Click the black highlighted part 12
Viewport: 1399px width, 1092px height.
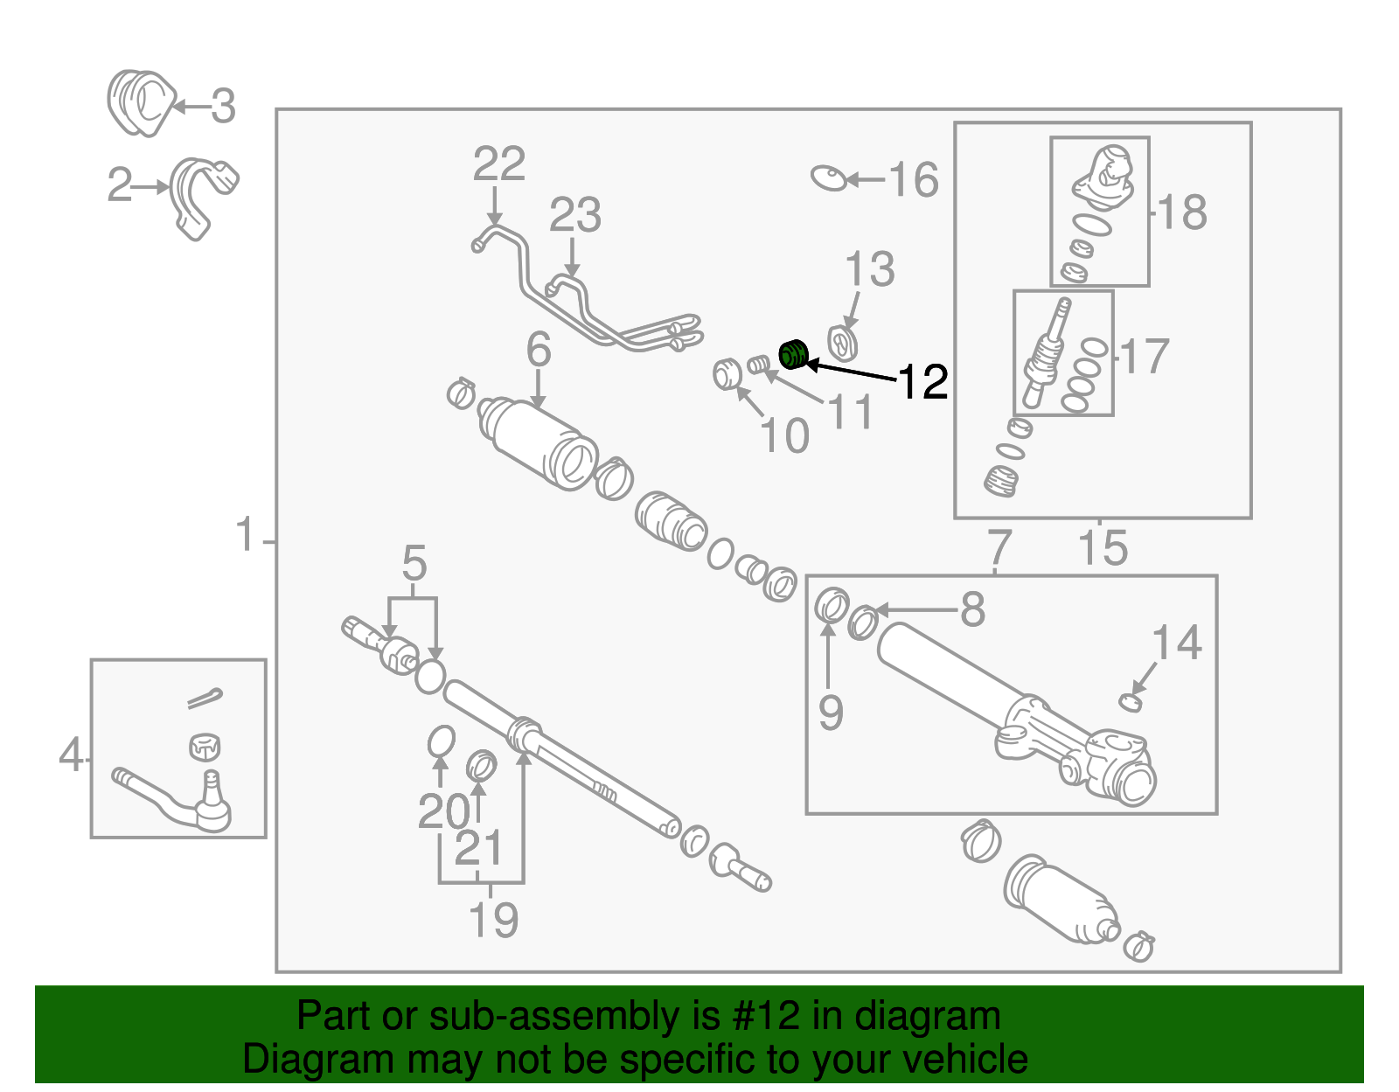(792, 355)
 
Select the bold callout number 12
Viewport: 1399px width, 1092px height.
(923, 382)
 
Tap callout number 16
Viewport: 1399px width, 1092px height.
(913, 181)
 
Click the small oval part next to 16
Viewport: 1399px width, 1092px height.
(829, 178)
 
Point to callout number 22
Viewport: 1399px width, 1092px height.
(499, 164)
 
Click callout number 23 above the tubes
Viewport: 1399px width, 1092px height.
(574, 215)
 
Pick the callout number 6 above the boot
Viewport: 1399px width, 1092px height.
(539, 350)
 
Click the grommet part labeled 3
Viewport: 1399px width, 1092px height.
(140, 103)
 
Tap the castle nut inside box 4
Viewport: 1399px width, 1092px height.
(204, 747)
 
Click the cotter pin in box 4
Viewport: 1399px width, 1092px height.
(205, 698)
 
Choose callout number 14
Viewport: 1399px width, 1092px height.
(1177, 643)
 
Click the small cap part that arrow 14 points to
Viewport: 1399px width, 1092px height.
(1131, 701)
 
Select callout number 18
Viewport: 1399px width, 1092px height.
(1182, 212)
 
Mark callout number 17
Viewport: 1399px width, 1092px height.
(1145, 357)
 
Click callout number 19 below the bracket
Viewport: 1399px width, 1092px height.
(494, 920)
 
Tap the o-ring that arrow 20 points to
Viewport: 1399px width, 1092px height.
(442, 741)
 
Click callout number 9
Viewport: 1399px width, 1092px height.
(831, 713)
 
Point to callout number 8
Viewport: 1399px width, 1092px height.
(972, 609)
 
